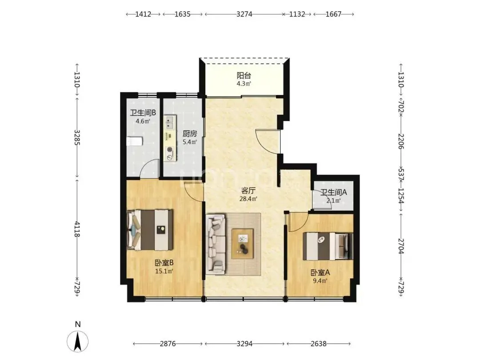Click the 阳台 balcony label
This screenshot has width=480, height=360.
tap(244, 75)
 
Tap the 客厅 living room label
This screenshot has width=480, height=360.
tap(248, 190)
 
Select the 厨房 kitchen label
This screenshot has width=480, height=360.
tap(190, 133)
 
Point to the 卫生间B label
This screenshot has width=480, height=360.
tap(143, 112)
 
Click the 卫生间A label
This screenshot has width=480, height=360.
tap(333, 192)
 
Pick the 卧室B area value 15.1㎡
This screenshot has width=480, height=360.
tap(164, 271)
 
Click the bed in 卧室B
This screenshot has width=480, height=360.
tap(150, 230)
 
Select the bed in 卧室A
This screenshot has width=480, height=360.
tap(328, 246)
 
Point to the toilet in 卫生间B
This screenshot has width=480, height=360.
tap(135, 141)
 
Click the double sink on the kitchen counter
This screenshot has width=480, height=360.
tap(170, 123)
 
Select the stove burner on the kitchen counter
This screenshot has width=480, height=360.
tap(170, 150)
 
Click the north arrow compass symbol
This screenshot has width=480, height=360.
tap(78, 341)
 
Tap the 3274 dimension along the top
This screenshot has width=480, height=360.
tap(244, 14)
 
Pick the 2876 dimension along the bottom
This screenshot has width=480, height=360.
tap(168, 344)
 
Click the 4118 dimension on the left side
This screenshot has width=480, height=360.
tap(77, 229)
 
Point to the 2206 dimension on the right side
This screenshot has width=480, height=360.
tap(401, 141)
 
